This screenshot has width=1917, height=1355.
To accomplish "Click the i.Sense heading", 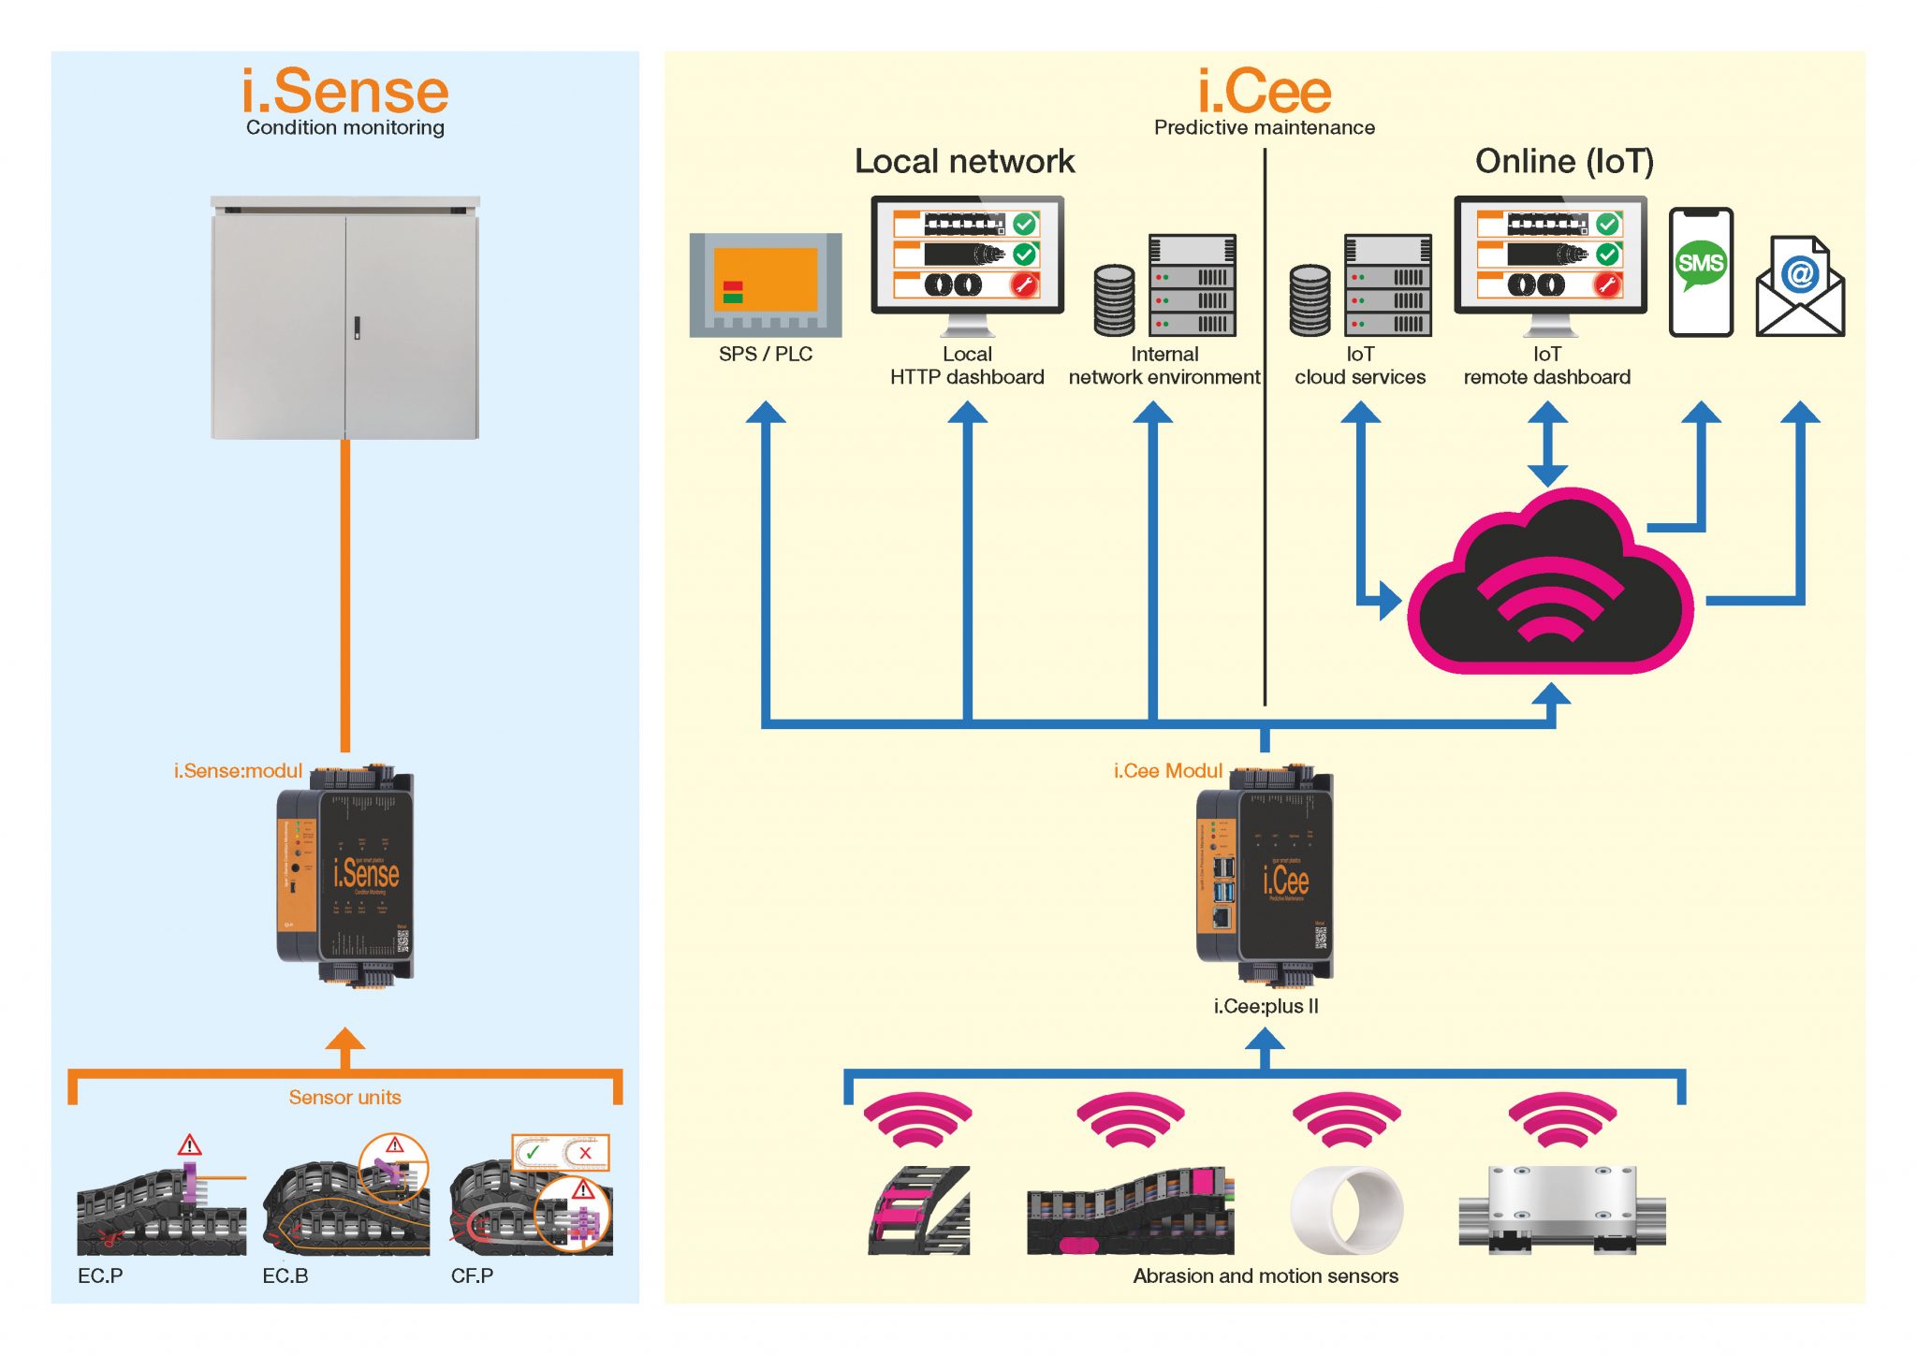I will (x=345, y=92).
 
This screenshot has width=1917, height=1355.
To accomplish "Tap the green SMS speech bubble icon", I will (x=1700, y=264).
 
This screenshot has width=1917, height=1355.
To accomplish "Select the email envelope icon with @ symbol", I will (x=1799, y=287).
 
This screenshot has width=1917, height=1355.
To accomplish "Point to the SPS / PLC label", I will (x=765, y=355).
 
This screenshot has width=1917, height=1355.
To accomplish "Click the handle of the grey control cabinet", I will (x=356, y=328).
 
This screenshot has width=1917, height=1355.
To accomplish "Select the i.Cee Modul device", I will (x=1266, y=875).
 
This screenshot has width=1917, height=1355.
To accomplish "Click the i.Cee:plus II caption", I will (x=1266, y=1007).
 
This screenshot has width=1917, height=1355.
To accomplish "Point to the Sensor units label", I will (x=344, y=1098).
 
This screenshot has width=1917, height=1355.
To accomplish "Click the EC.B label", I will (x=285, y=1276).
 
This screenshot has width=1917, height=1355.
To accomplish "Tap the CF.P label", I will (x=472, y=1276).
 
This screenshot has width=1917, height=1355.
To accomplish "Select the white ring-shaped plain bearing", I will (x=1346, y=1210).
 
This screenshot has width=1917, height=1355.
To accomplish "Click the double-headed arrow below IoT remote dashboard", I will (x=1547, y=444).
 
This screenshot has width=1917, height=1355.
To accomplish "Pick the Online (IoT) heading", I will (x=1564, y=162).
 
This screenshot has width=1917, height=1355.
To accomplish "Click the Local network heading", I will (x=964, y=162).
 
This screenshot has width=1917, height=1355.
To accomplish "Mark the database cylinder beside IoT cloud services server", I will (x=1309, y=300).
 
